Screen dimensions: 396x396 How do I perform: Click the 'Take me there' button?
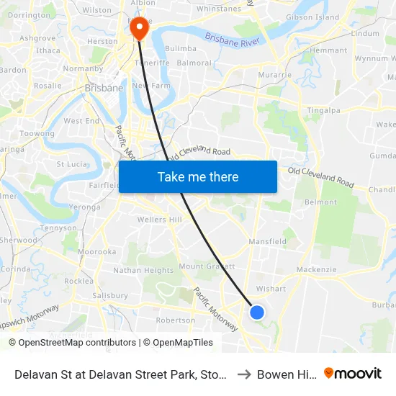coord(198,176)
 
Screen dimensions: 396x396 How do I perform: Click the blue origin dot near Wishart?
coord(257,312)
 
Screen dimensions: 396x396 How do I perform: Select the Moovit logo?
coord(353,374)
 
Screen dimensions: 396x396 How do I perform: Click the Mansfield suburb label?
coord(268,243)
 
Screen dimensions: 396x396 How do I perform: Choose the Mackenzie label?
coord(316,269)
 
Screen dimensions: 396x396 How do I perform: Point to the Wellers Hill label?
coord(160,219)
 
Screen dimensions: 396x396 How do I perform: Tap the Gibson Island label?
coord(312,17)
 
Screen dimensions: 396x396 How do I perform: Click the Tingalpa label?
coord(323,109)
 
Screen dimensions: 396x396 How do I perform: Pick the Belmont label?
coord(320,202)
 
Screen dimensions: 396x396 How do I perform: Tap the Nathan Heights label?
coord(143,271)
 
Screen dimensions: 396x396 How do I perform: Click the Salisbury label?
coord(110,295)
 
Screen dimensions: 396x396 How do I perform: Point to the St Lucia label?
coord(72,164)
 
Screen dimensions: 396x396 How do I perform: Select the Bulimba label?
coord(181,48)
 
